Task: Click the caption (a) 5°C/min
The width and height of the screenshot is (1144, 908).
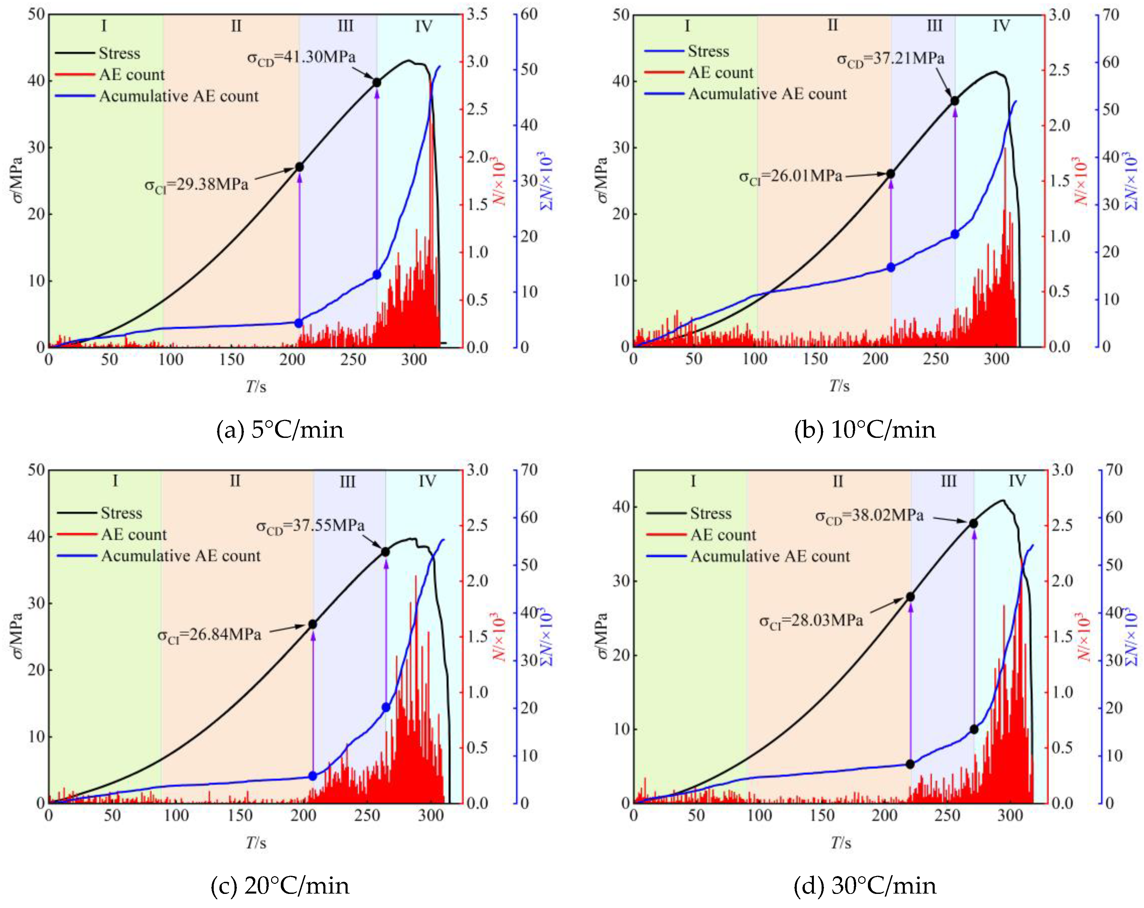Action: pos(280,429)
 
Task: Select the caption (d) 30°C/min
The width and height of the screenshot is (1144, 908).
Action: pos(865,886)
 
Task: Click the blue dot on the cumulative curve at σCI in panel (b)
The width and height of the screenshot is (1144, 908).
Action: pos(891,267)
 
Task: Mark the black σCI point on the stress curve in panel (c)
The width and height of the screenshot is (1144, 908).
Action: pos(313,624)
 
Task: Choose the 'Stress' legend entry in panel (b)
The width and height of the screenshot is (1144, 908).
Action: pos(708,51)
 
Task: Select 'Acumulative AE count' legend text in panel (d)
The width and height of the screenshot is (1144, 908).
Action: pos(770,556)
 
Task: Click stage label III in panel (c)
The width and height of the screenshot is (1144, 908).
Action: pos(348,482)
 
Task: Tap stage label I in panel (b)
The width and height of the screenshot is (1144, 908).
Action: pos(687,26)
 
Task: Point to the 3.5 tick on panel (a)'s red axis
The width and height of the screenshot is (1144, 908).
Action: pos(477,14)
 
